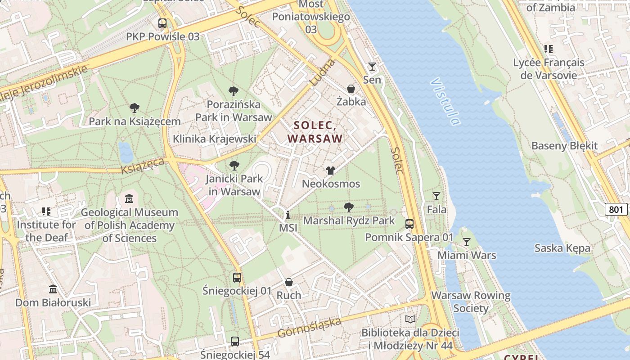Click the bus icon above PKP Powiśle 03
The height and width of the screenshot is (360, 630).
click(162, 23)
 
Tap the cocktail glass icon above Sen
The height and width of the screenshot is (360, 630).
click(372, 67)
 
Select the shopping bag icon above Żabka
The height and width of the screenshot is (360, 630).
click(351, 89)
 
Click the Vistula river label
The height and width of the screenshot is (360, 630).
click(445, 101)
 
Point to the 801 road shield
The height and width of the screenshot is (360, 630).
click(616, 209)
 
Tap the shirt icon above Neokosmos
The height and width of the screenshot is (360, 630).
click(331, 171)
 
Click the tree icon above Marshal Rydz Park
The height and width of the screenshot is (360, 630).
click(348, 207)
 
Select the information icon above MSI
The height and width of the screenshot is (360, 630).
click(288, 215)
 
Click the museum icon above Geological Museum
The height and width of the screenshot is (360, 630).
click(129, 198)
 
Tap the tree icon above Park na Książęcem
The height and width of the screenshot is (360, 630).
click(134, 108)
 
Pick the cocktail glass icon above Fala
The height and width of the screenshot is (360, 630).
click(436, 196)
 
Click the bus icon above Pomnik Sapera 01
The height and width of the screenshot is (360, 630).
click(409, 224)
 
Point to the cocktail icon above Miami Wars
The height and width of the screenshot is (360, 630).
click(467, 242)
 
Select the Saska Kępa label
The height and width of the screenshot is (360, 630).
click(562, 248)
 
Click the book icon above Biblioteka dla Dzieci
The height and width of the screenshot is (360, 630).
click(410, 319)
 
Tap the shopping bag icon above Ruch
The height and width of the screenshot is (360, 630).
click(289, 282)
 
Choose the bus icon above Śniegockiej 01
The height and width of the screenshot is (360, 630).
click(237, 278)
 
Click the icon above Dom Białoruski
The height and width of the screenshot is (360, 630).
click(53, 289)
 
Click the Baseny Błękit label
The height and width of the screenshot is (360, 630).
click(564, 146)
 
